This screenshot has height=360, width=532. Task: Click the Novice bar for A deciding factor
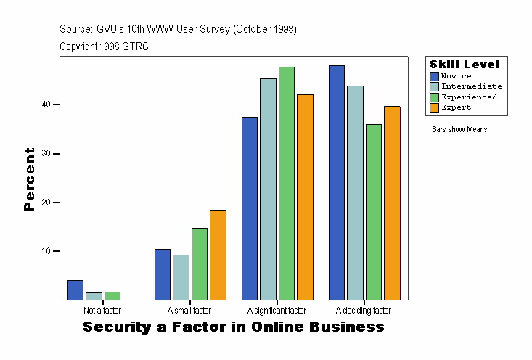(337, 182)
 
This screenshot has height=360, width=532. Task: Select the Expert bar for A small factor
(218, 255)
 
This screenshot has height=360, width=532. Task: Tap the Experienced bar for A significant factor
(287, 183)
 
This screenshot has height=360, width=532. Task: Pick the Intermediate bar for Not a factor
(94, 296)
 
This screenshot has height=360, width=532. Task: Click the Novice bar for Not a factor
(75, 290)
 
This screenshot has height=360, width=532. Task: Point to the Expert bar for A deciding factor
(392, 202)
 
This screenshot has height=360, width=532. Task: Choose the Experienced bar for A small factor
(200, 263)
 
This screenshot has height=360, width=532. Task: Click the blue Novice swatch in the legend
(434, 76)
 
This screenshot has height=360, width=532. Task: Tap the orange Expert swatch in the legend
(434, 107)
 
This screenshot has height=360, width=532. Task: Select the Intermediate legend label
(471, 86)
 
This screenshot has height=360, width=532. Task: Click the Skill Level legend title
(465, 65)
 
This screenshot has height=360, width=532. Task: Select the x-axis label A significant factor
(277, 311)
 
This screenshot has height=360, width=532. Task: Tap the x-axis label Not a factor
(102, 311)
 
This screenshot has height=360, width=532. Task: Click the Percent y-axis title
(30, 179)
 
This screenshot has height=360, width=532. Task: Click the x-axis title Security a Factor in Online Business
(234, 327)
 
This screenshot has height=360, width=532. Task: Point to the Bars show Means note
(459, 129)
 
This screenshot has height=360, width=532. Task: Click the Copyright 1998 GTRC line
(104, 46)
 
